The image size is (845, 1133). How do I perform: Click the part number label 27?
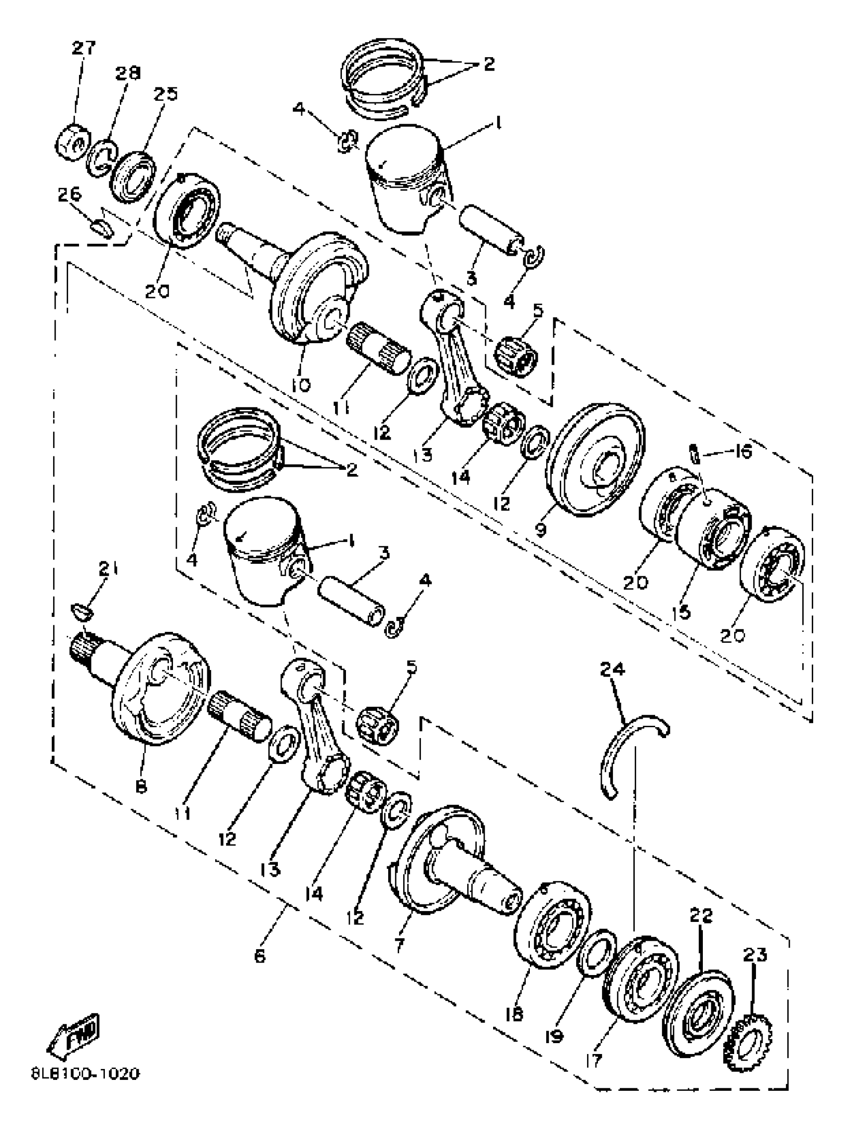point(84,48)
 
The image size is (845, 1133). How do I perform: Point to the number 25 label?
point(165,94)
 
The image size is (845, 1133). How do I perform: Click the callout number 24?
point(612,669)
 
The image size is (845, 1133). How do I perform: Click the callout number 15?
point(683,612)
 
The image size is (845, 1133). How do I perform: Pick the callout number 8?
point(141,786)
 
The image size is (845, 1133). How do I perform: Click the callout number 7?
point(400,944)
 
